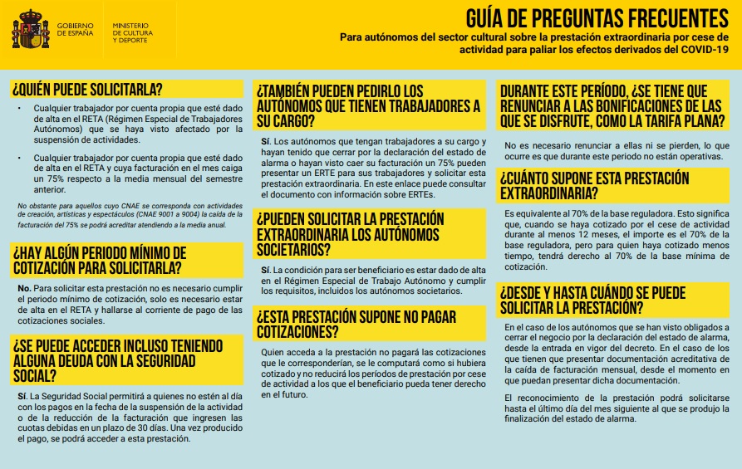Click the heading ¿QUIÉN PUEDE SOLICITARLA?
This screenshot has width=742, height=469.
click(86, 89)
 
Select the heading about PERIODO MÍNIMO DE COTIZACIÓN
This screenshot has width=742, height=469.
click(100, 260)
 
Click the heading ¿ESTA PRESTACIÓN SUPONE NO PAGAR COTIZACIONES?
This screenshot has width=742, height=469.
click(345, 323)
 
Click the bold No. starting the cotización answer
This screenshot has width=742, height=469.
click(23, 288)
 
